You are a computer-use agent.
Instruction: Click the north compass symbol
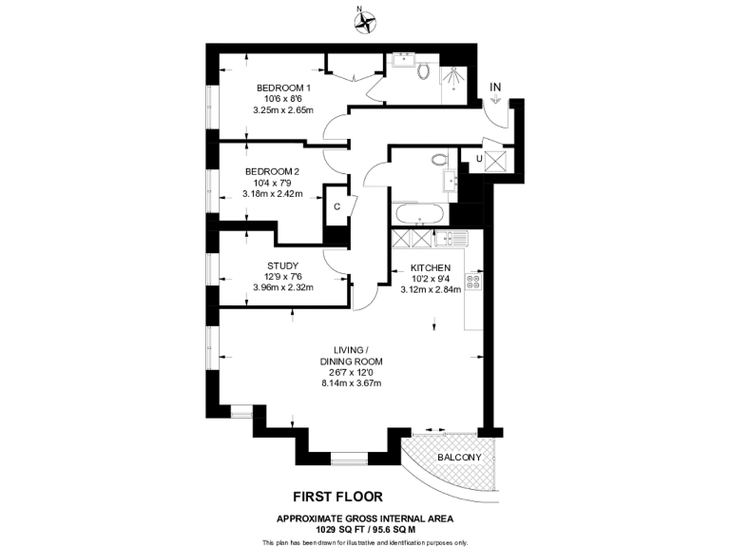364,22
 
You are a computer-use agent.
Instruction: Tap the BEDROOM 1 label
283,88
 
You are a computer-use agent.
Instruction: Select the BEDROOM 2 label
273,171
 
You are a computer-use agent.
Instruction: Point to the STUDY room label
283,265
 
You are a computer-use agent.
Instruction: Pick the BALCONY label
459,458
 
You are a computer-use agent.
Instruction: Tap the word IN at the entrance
494,88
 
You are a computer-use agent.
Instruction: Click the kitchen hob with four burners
473,282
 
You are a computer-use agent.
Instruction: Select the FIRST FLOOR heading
336,496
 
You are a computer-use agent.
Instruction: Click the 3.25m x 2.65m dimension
283,109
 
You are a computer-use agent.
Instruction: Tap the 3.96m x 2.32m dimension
283,287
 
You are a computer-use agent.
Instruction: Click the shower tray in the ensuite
456,83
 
